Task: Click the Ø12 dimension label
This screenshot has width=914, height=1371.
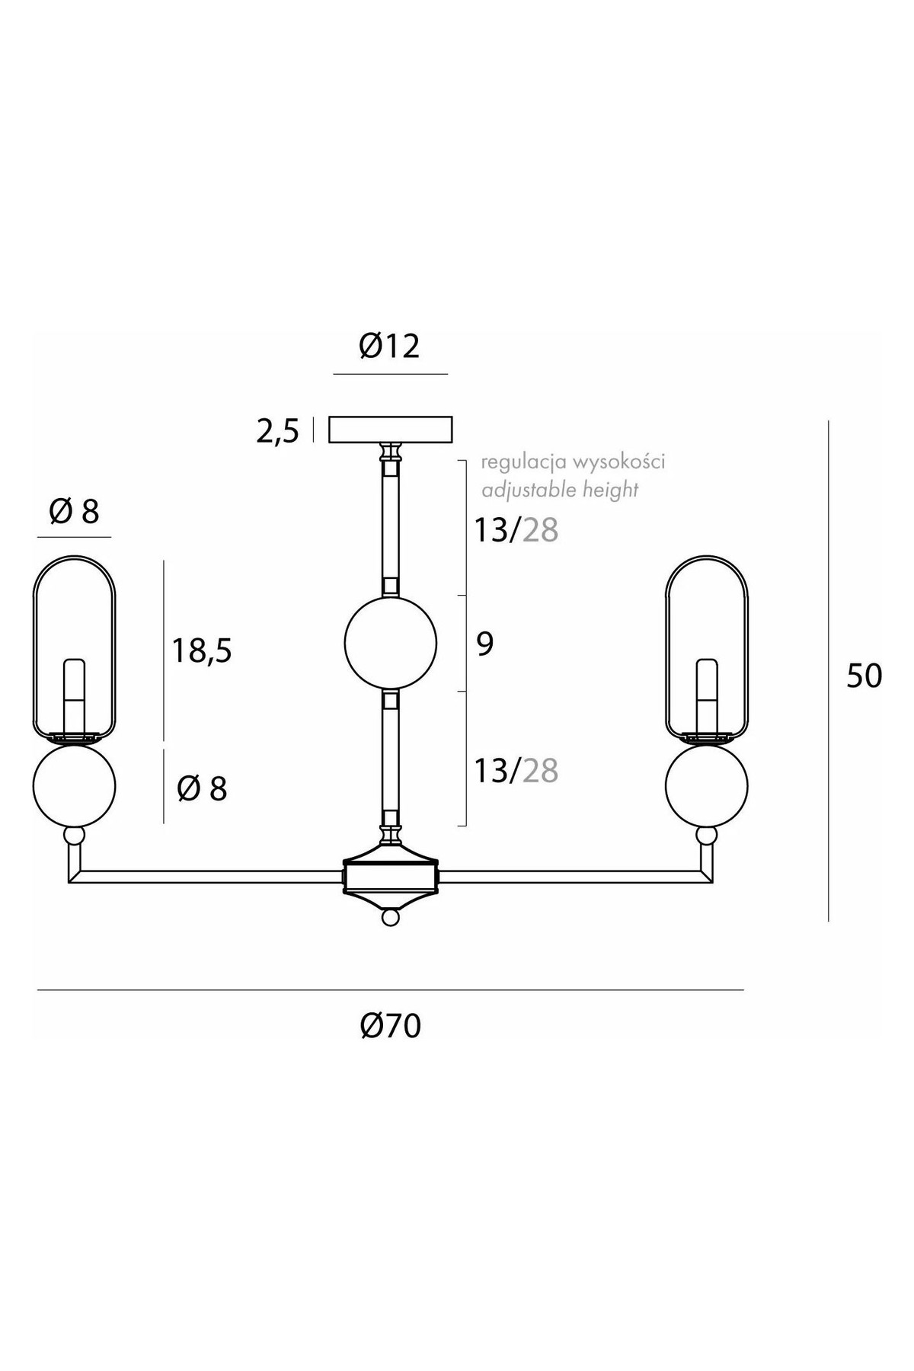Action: (390, 347)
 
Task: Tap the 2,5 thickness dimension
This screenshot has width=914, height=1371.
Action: (278, 432)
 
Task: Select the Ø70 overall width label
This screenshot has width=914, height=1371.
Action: (391, 1027)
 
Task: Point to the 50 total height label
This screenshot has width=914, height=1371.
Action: (864, 676)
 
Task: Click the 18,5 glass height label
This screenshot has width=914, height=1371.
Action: (202, 651)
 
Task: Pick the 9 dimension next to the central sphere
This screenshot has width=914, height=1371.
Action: (485, 644)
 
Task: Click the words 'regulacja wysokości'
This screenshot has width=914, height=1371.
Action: (574, 462)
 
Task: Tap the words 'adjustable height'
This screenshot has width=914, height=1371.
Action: (561, 489)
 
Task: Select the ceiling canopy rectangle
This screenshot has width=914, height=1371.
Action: (390, 430)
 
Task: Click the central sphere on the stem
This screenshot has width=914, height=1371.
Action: (391, 643)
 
